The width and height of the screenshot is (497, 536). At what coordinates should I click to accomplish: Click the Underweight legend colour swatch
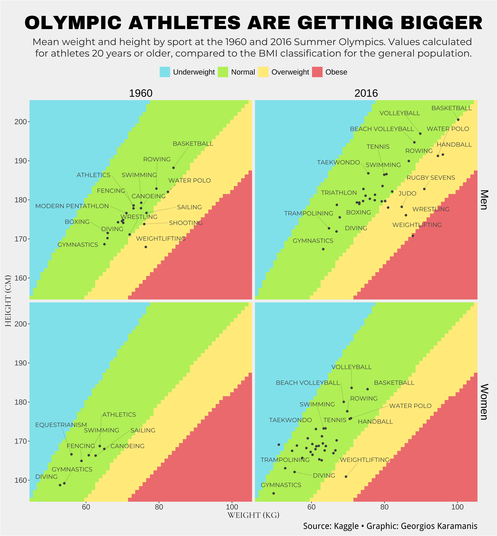[165, 72]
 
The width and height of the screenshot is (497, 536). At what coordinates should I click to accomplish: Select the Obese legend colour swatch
[317, 72]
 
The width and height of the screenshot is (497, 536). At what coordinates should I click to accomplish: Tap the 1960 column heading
[141, 93]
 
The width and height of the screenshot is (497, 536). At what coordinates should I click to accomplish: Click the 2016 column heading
[366, 93]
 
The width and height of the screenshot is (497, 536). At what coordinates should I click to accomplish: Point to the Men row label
[484, 200]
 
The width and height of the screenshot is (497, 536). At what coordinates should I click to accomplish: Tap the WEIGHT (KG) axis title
[253, 515]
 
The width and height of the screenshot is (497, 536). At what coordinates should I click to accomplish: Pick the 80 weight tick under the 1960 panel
[159, 507]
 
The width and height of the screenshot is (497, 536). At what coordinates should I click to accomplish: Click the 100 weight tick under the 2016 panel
[457, 507]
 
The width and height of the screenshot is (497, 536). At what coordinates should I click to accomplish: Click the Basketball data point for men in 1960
[173, 168]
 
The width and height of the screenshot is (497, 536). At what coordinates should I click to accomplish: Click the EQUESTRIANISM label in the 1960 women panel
[61, 425]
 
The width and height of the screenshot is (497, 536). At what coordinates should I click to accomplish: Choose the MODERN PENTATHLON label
[72, 206]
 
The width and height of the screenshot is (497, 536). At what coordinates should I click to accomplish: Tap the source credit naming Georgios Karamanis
[390, 526]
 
